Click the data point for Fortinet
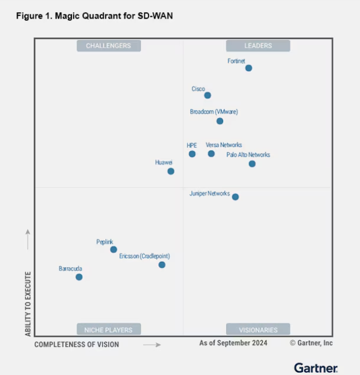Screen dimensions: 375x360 (x=249, y=68)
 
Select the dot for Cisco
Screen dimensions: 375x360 (x=208, y=95)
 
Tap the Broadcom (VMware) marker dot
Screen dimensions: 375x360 (x=220, y=121)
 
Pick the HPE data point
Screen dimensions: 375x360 (x=192, y=154)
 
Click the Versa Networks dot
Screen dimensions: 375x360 (x=211, y=154)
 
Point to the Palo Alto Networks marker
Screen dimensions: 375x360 (x=252, y=164)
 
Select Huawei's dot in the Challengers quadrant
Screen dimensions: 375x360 (x=170, y=171)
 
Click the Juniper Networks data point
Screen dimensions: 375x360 (x=235, y=197)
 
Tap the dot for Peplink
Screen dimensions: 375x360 (x=114, y=249)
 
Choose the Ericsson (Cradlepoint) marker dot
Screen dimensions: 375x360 (x=162, y=265)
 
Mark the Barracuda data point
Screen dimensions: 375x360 (x=79, y=277)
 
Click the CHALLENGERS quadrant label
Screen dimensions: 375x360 (x=108, y=46)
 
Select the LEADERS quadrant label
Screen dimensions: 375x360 (x=258, y=46)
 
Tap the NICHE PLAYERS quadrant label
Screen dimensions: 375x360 (x=108, y=330)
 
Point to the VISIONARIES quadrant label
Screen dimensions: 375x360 (x=258, y=330)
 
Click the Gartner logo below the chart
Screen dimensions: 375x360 (x=315, y=367)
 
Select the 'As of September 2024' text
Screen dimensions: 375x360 (x=233, y=343)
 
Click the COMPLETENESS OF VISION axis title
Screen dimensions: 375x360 (x=77, y=344)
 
